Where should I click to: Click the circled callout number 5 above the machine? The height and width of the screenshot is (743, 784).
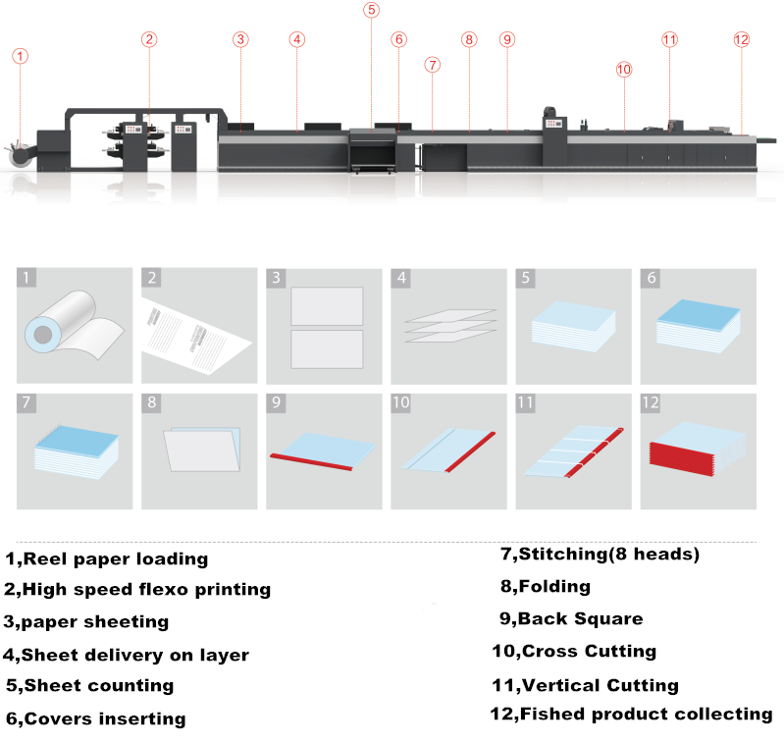click(x=371, y=10)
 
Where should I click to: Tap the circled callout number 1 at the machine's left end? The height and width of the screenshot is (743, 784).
click(x=21, y=56)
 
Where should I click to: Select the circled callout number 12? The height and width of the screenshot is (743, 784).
click(x=741, y=39)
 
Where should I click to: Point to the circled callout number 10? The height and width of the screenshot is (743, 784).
click(x=624, y=69)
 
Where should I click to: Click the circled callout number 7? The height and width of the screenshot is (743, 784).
click(x=433, y=65)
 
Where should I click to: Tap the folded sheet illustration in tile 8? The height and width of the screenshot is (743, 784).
click(x=201, y=450)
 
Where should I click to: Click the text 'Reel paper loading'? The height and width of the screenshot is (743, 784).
click(x=115, y=559)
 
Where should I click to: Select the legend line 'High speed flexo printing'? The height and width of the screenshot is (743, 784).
click(x=145, y=590)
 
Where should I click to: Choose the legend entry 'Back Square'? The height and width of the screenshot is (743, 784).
click(x=580, y=619)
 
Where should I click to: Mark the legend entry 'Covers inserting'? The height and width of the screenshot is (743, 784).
click(x=104, y=718)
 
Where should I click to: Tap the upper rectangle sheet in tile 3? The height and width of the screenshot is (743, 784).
click(x=327, y=305)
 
